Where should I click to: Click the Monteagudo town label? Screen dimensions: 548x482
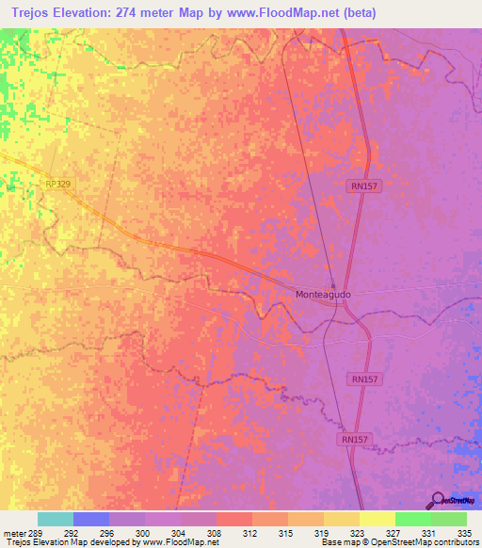coord(323,295)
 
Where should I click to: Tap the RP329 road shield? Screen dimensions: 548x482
coord(58,186)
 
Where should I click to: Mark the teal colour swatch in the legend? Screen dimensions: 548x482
coord(56,519)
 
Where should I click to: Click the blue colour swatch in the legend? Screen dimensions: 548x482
coord(91,519)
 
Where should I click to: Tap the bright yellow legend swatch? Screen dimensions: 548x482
coord(378,519)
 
